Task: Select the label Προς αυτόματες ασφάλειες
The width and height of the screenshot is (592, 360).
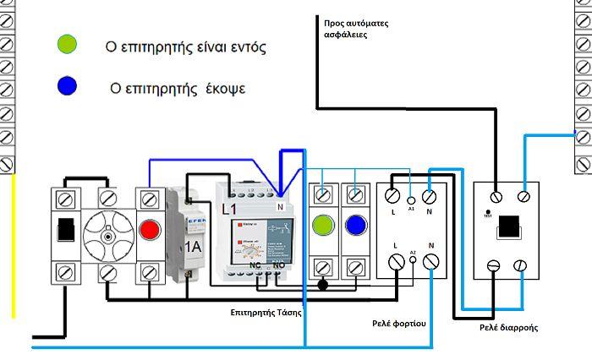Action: [x=356, y=30]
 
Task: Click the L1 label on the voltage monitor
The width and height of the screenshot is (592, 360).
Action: [x=229, y=208]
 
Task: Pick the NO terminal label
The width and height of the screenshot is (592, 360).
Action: [x=278, y=265]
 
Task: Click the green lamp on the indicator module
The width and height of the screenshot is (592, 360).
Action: [x=322, y=226]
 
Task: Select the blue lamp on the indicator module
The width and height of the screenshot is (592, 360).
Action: [x=355, y=226]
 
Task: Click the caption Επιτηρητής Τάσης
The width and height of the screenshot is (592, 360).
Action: [x=266, y=312]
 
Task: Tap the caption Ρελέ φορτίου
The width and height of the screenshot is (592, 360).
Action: [x=397, y=323]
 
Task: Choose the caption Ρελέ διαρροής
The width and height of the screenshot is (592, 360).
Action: [x=510, y=326]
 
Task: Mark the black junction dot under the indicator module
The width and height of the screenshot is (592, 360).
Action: [x=321, y=286]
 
